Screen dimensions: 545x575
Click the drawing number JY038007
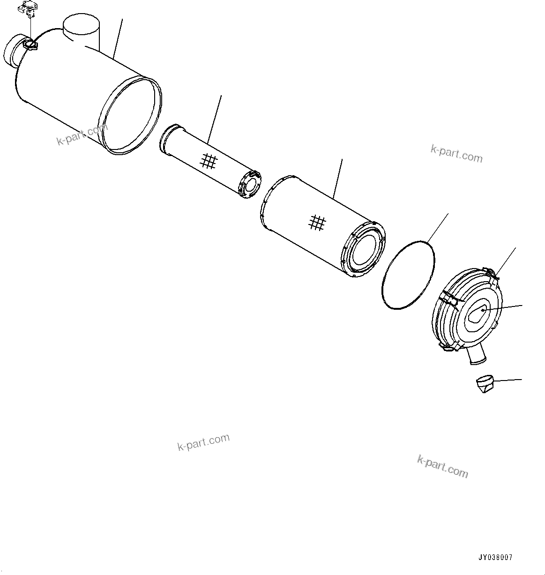click(495, 558)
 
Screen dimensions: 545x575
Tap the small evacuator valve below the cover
click(485, 384)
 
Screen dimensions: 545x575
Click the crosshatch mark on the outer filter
click(317, 223)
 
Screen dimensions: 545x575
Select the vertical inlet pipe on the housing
click(81, 31)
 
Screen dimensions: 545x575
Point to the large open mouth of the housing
click(130, 115)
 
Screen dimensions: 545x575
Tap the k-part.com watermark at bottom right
click(442, 466)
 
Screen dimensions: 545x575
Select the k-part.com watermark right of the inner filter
click(456, 154)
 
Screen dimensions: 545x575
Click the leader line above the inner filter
click(215, 119)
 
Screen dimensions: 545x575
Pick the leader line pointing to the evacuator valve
click(507, 380)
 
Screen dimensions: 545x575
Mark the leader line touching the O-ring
click(438, 228)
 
